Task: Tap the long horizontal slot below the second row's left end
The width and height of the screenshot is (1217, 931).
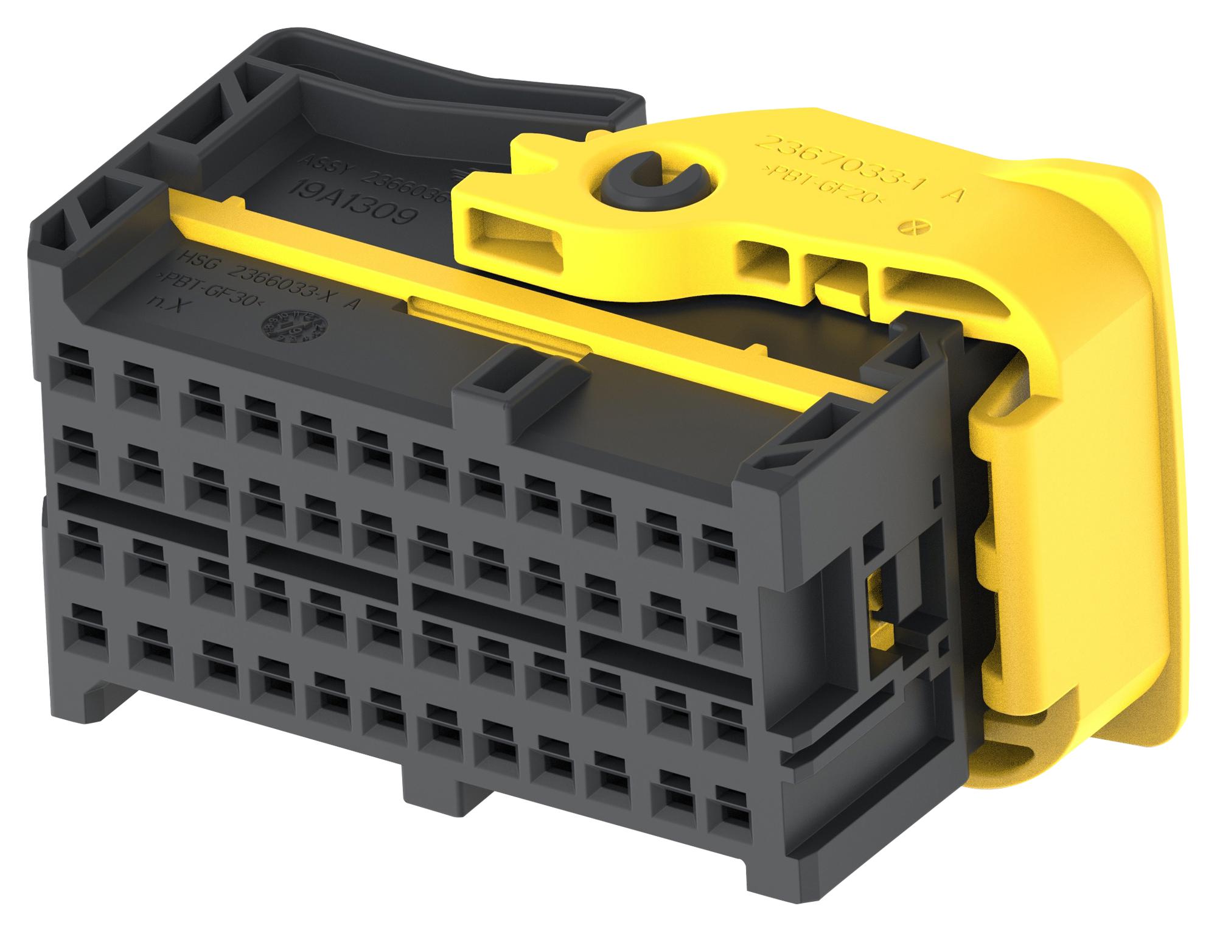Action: point(143,509)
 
